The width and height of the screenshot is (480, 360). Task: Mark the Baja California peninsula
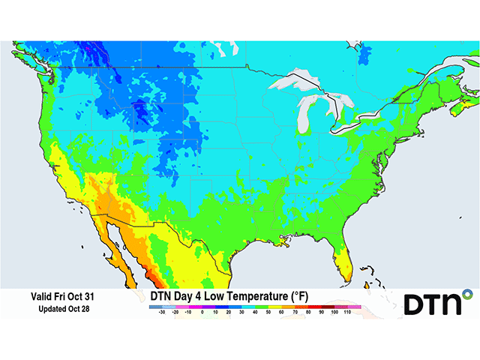click(x=110, y=240)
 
